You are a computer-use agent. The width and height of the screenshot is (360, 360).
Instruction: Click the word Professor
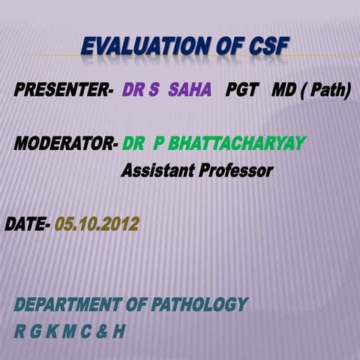[x=235, y=171]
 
